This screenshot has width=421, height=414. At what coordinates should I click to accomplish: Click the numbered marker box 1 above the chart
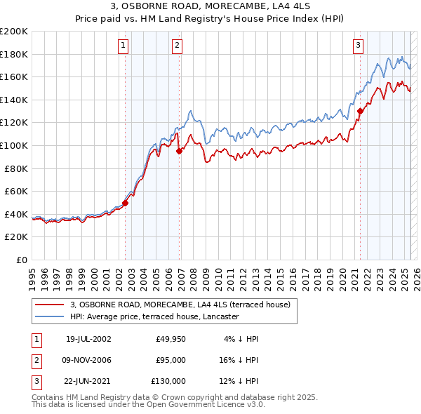pos(123,46)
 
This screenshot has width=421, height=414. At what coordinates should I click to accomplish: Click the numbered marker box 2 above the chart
pos(177,46)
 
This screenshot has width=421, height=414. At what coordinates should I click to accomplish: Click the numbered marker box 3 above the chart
pos(358,46)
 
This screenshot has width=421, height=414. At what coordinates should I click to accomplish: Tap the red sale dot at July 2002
pos(126,203)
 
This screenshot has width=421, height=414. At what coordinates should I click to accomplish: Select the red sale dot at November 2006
pos(180,151)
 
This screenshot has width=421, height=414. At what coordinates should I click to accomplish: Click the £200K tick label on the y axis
pos(14,32)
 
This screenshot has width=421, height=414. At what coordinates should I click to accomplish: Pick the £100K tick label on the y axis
pos(14,145)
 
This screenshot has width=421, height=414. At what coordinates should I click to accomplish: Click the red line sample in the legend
pos(50,305)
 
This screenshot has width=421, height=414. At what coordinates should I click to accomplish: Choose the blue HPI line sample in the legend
pos(50,316)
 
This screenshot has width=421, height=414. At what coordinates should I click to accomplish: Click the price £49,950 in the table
pos(171,339)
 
